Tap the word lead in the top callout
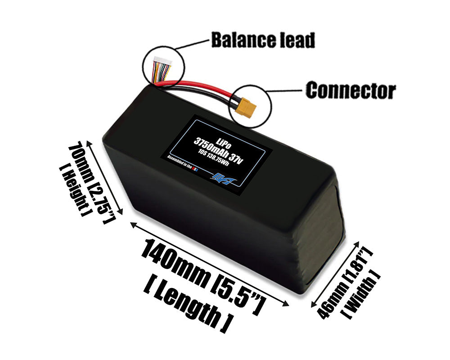point(297,40)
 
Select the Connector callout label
point(351,91)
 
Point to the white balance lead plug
point(160,61)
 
